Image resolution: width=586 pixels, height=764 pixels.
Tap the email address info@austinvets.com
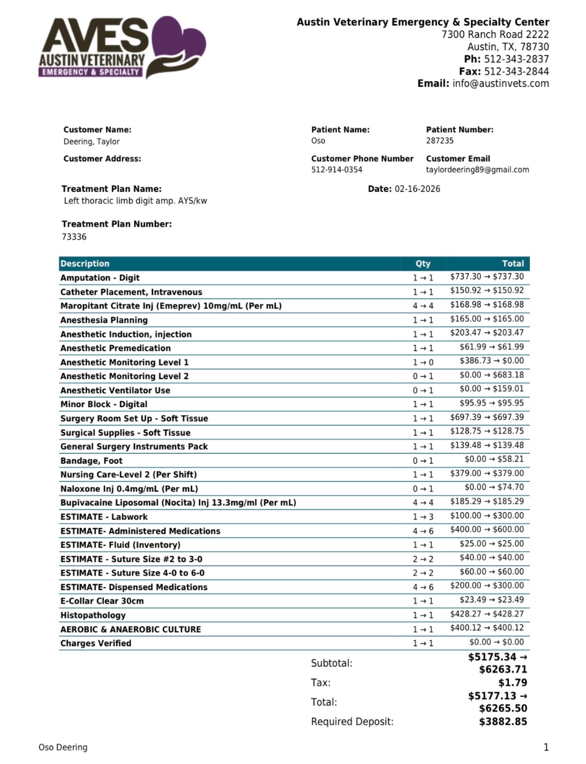[x=500, y=83]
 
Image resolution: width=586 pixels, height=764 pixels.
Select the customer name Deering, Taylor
[x=92, y=142]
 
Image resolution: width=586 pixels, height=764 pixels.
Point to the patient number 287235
[x=439, y=141]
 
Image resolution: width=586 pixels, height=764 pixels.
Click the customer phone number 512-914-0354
[x=336, y=170]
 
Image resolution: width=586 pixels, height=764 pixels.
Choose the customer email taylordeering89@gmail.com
[x=477, y=170]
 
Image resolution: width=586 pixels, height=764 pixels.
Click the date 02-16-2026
[x=417, y=189]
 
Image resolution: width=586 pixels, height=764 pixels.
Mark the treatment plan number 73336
[x=74, y=237]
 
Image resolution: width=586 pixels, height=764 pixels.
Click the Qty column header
[x=423, y=264]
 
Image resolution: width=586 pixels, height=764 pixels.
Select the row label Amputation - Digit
[x=100, y=278]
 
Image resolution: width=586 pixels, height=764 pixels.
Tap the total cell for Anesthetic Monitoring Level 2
[x=491, y=375]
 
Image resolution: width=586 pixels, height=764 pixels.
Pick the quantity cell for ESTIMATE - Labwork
[x=423, y=517]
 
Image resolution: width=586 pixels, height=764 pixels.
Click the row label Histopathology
[x=93, y=615]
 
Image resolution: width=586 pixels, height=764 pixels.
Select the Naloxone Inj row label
[x=129, y=489]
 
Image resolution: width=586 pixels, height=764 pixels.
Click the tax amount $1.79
[x=512, y=682]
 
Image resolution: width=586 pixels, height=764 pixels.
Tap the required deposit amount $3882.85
[x=503, y=721]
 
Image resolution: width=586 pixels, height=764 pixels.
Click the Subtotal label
[x=332, y=663]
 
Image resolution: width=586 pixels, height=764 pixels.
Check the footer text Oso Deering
[x=63, y=747]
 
